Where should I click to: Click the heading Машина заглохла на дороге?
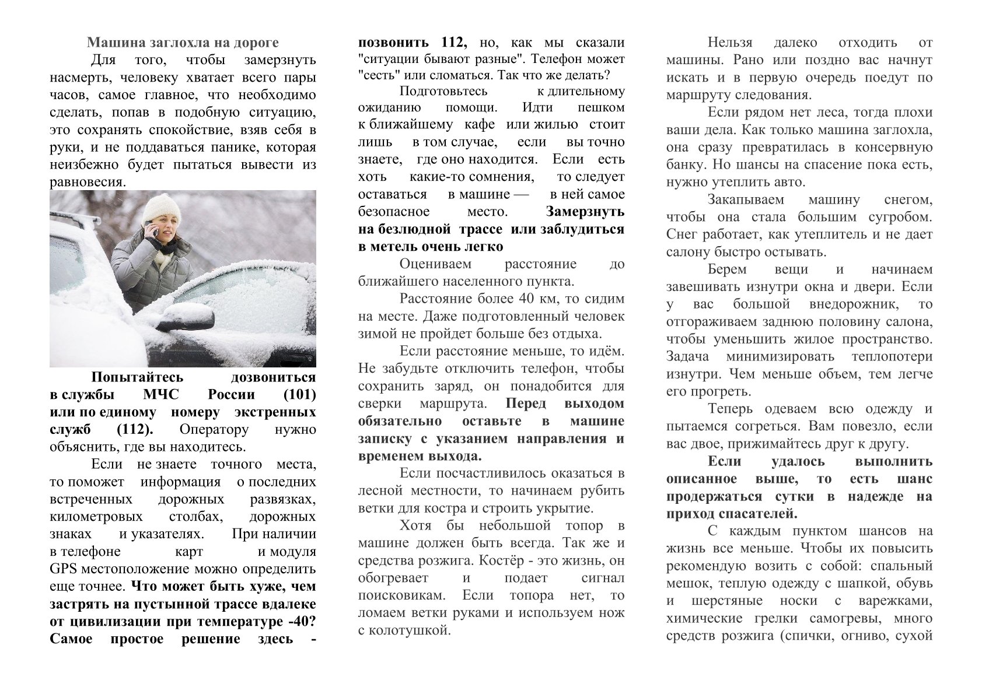[183, 43]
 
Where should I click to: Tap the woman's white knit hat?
[163, 209]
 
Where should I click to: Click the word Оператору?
[214, 430]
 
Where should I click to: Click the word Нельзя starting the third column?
[730, 43]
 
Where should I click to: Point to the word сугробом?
[903, 218]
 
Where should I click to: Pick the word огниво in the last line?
[857, 636]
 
